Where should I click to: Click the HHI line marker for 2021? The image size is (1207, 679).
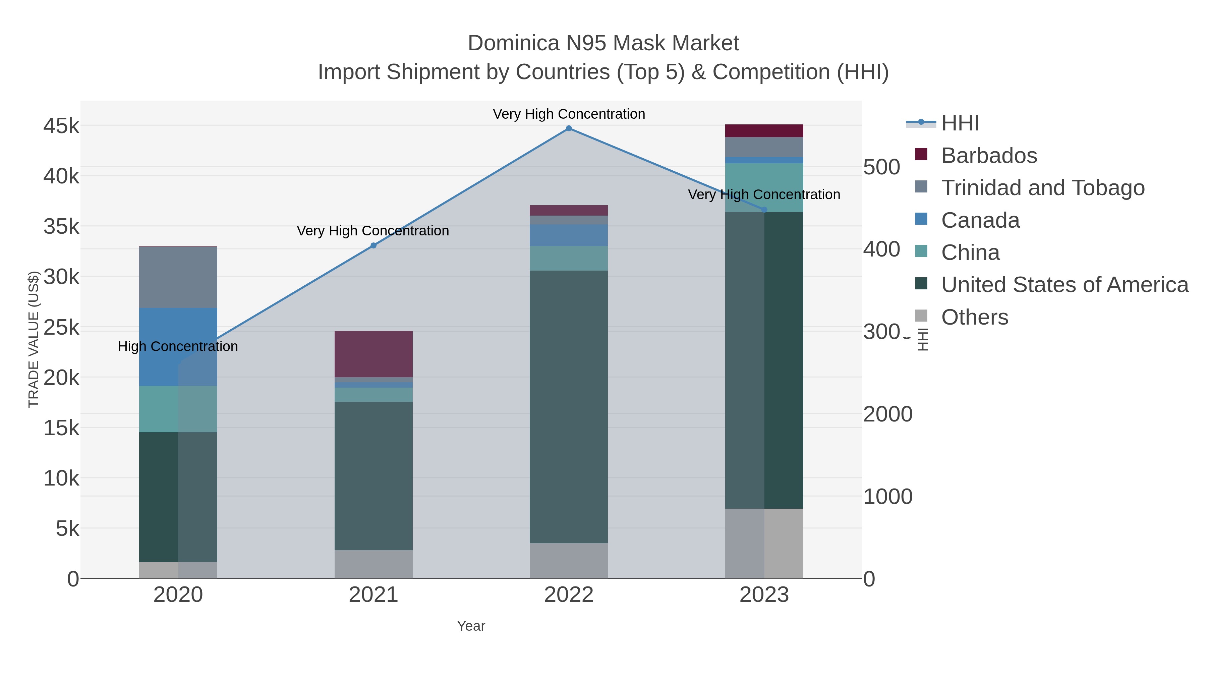tap(373, 245)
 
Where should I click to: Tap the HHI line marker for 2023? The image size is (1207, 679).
tap(764, 210)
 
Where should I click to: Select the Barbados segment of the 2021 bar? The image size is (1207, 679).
tap(373, 354)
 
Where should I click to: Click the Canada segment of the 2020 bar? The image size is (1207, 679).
tap(178, 347)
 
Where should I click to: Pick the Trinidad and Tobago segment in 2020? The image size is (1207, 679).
tap(178, 277)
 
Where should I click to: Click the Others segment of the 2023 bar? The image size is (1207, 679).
tap(764, 543)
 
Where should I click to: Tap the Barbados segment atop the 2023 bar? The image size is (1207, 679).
tap(764, 131)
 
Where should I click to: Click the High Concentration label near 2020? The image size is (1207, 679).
tap(178, 346)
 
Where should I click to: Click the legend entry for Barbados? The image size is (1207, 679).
tap(989, 156)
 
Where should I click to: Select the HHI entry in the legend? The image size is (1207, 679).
tap(960, 123)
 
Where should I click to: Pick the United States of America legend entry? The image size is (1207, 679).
tap(1064, 285)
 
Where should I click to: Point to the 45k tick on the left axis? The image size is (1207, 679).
tap(61, 126)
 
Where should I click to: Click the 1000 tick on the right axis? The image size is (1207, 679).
tap(887, 496)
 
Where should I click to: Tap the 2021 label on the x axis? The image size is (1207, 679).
tap(373, 595)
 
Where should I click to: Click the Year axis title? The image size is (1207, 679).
tap(471, 626)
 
